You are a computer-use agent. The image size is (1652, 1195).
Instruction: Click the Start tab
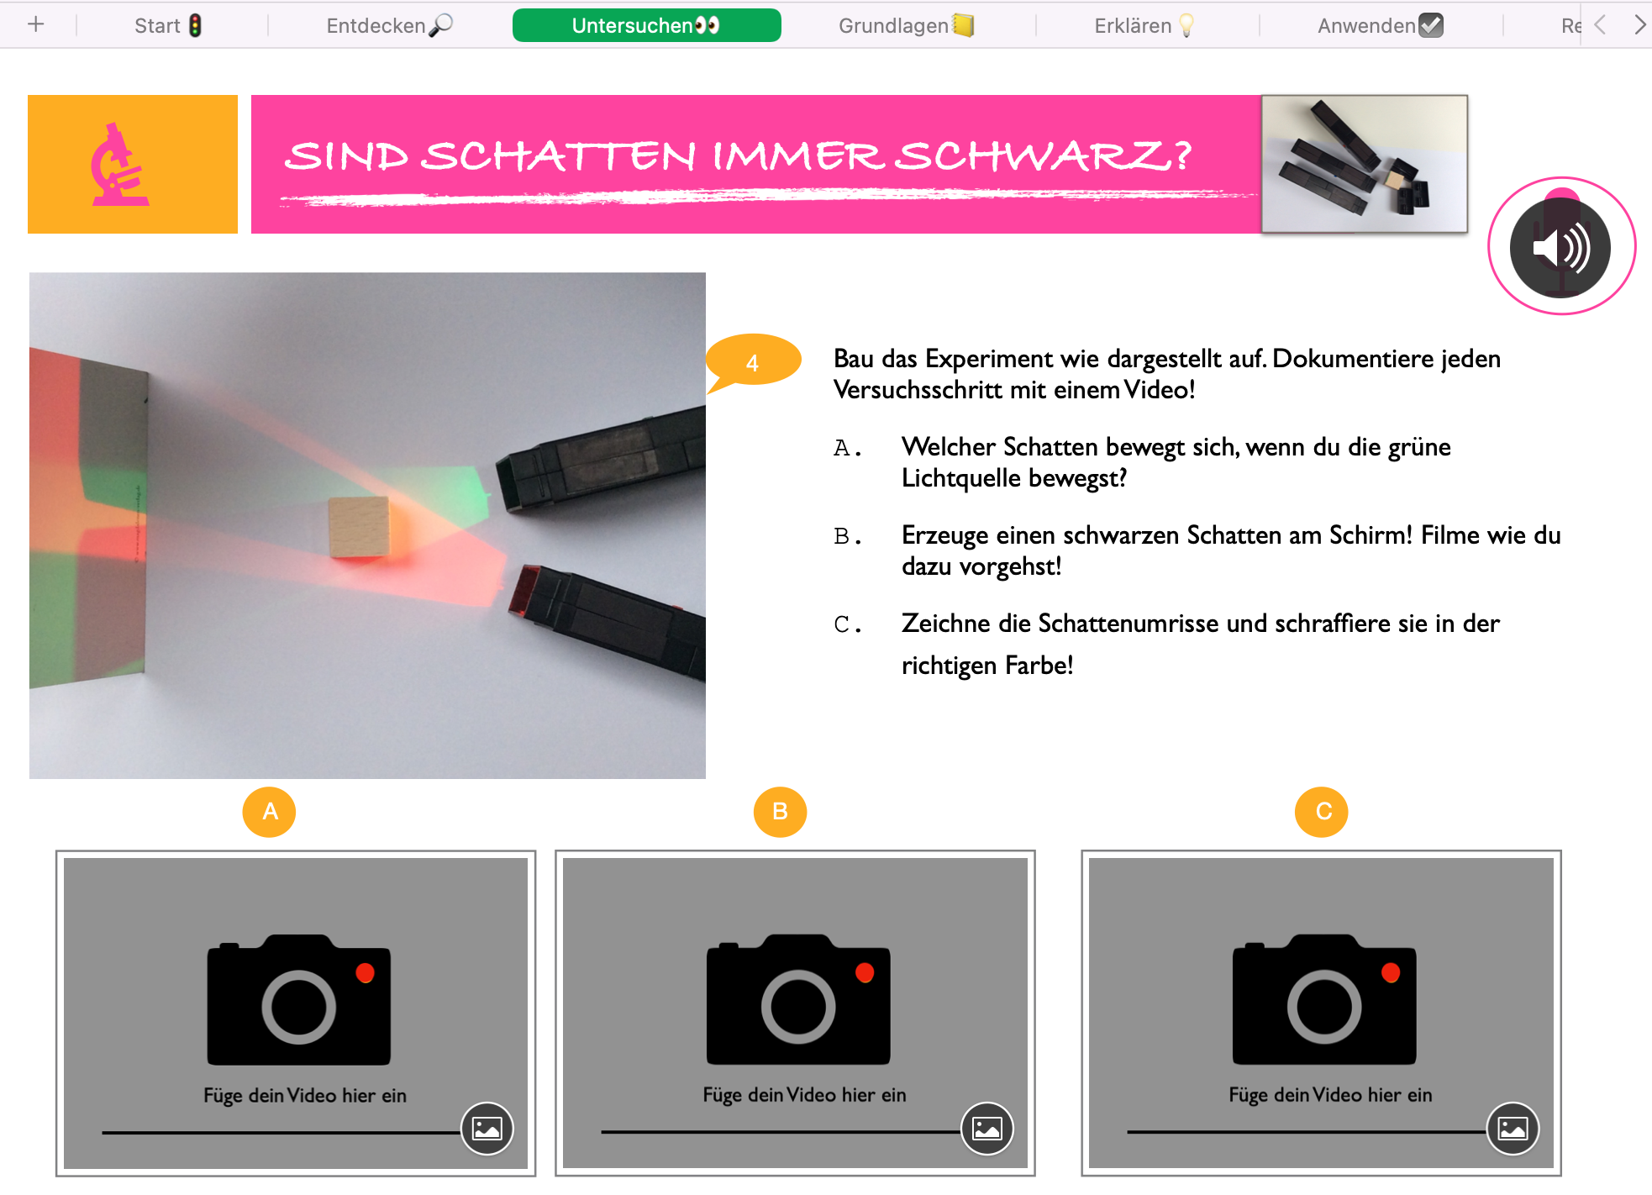coord(168,25)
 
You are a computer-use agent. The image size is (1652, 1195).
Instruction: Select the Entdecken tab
coord(389,25)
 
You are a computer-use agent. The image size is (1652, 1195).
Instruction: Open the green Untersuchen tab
coord(646,25)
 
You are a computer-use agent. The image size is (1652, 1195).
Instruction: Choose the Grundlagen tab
coord(906,25)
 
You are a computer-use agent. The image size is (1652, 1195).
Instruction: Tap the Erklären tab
coord(1144,25)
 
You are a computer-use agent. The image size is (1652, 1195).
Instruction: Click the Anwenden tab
coord(1380,25)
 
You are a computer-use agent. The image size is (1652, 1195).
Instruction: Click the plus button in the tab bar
coord(35,24)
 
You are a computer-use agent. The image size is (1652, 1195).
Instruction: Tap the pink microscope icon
coord(120,165)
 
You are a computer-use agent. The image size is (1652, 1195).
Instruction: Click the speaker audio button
coord(1560,247)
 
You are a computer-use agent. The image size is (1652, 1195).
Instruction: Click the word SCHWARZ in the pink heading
coord(1043,155)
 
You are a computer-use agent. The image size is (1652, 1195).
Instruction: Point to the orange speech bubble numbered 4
coord(753,362)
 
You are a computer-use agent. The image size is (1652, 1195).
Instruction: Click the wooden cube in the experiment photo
coord(360,526)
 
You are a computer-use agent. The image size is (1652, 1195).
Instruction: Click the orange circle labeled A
coord(269,812)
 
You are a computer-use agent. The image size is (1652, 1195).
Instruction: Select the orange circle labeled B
coord(780,812)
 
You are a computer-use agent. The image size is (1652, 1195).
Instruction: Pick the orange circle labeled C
coord(1322,812)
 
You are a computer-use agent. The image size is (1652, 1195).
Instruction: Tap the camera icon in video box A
coord(299,1000)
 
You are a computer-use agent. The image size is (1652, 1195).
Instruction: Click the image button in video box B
coord(987,1128)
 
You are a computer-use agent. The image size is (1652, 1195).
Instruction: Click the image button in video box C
coord(1513,1128)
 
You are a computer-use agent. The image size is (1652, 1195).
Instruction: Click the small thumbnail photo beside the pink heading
coord(1365,164)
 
